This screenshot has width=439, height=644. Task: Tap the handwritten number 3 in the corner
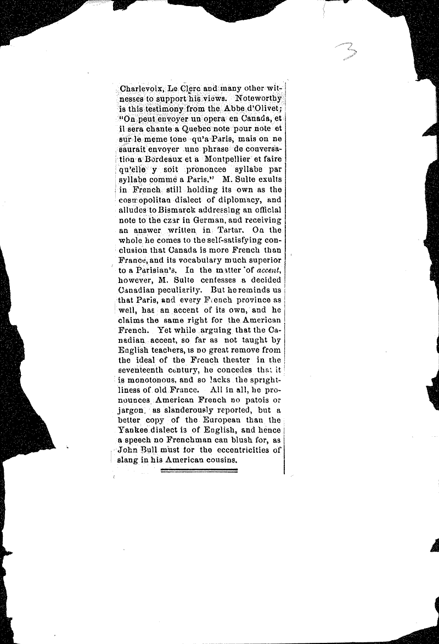point(347,53)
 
